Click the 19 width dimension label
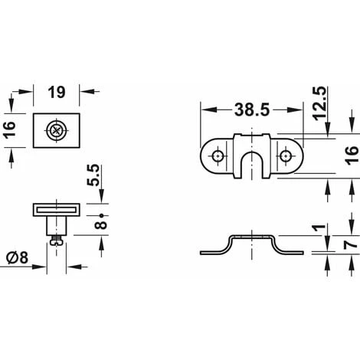[57, 92]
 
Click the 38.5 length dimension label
[252, 110]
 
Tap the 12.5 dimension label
[320, 103]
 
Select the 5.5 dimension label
[93, 175]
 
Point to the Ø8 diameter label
[17, 258]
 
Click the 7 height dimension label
[352, 245]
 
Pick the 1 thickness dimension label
[320, 227]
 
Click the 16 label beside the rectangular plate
[11, 130]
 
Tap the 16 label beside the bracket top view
[352, 155]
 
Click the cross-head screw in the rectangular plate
[56, 130]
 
